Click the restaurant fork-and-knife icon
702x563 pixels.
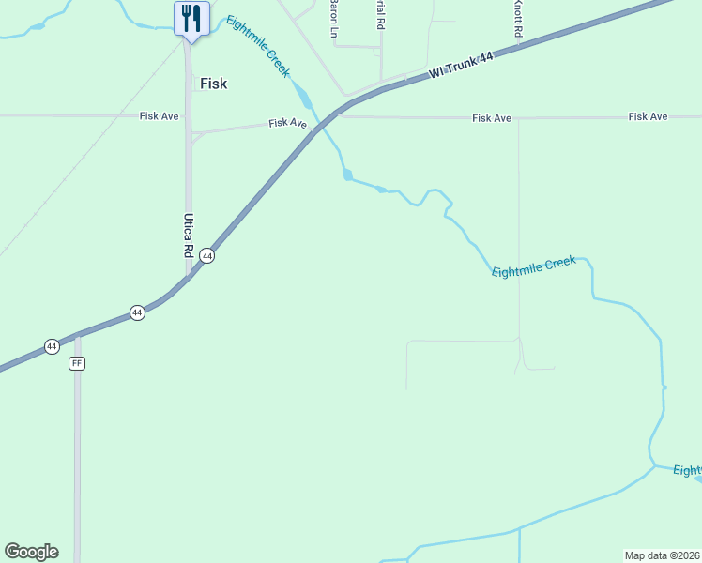[x=191, y=18]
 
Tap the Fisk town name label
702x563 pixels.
[x=213, y=84]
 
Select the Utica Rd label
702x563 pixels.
[x=188, y=235]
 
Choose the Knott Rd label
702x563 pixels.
[x=517, y=19]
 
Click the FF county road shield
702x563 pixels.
[x=77, y=363]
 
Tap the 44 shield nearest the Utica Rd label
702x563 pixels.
[x=207, y=256]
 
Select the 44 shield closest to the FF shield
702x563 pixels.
[x=52, y=346]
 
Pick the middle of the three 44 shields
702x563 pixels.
[x=137, y=312]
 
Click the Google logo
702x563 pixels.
[x=31, y=552]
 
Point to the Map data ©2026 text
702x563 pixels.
[x=663, y=555]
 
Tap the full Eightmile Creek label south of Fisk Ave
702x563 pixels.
[x=533, y=266]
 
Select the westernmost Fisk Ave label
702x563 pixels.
[x=159, y=116]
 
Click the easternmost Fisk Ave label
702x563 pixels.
[x=648, y=116]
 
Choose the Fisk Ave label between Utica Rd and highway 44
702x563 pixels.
[x=287, y=123]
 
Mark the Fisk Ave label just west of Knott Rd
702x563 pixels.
[x=492, y=117]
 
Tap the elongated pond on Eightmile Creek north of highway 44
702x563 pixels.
[x=301, y=95]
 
